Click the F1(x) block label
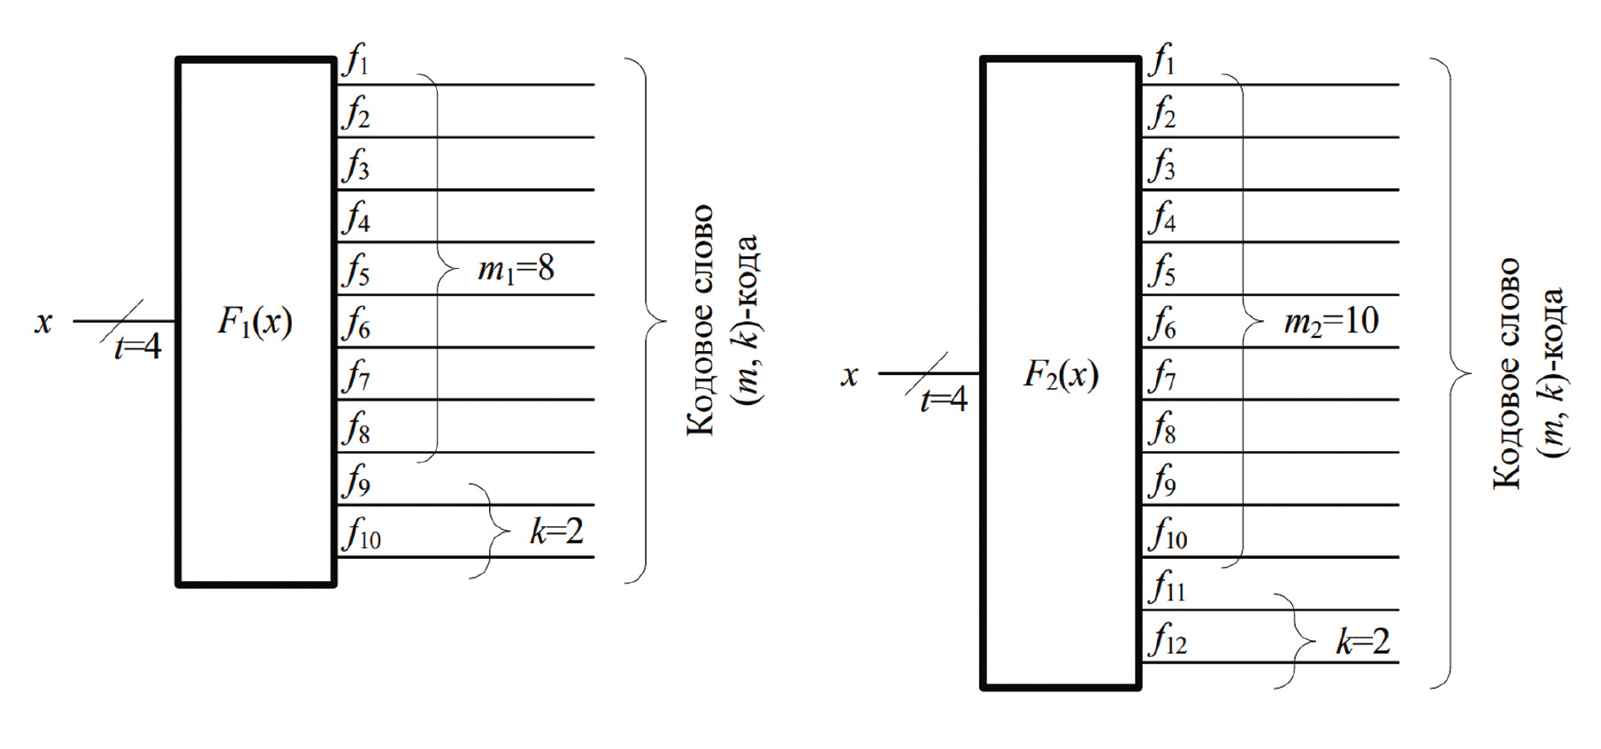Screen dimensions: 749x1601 pyautogui.click(x=255, y=321)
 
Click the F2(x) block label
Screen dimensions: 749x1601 pyautogui.click(x=1061, y=374)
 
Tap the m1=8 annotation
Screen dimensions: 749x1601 pyautogui.click(x=516, y=268)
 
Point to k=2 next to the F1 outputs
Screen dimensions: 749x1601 pyautogui.click(x=556, y=531)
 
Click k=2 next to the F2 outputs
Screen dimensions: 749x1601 pyautogui.click(x=1362, y=641)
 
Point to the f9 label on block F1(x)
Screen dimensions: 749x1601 pyautogui.click(x=357, y=481)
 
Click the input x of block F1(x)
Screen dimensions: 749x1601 pyautogui.click(x=43, y=322)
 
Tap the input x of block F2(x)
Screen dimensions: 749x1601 pyautogui.click(x=849, y=375)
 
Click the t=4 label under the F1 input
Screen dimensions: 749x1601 pyautogui.click(x=138, y=347)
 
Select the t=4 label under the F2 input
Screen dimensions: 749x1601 pyautogui.click(x=944, y=400)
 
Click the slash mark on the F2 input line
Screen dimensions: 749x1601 pyautogui.click(x=926, y=373)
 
